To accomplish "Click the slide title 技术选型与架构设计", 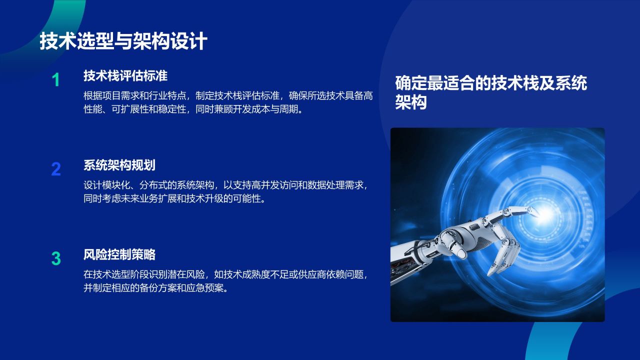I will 123,41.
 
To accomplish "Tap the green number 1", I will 56,80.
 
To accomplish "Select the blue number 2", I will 56,169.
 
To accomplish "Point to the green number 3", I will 56,258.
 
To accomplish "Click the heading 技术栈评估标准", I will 125,76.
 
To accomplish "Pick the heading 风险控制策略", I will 119,254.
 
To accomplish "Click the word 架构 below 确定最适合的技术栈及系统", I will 411,102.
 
